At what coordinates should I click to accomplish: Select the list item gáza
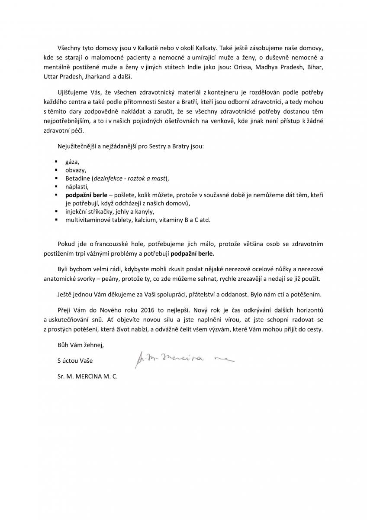click(x=72, y=161)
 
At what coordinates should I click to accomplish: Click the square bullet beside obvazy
click(x=56, y=169)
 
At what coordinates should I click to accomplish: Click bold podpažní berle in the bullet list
click(x=86, y=195)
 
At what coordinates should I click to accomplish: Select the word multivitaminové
click(x=87, y=220)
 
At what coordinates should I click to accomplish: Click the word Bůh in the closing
click(x=63, y=345)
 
